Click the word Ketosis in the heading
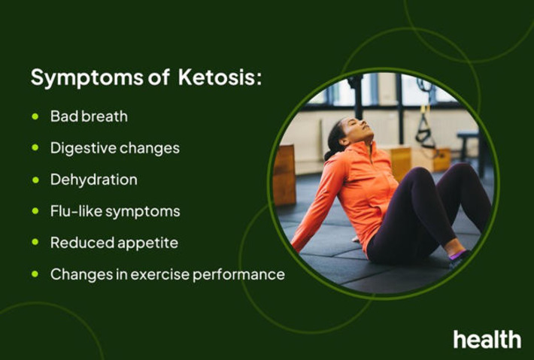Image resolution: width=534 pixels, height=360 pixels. point(220,77)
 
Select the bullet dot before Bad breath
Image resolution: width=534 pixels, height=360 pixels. point(35,116)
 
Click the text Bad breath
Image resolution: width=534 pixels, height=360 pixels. point(89,116)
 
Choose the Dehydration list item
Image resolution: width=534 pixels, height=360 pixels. point(94,180)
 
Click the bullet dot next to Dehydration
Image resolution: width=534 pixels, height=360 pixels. point(35,180)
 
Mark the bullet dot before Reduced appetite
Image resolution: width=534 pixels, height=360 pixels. point(35,243)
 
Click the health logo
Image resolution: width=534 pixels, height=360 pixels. point(487,339)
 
